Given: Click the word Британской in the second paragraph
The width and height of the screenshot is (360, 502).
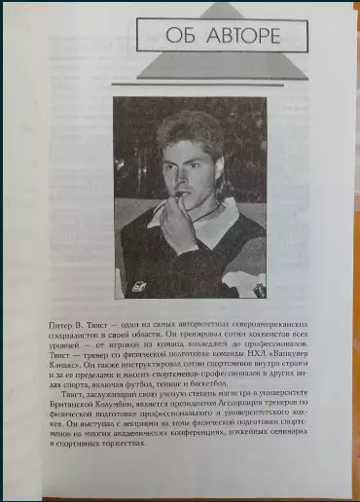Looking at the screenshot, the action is (73, 404).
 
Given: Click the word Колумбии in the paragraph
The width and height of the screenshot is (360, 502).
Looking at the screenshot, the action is (125, 404).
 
